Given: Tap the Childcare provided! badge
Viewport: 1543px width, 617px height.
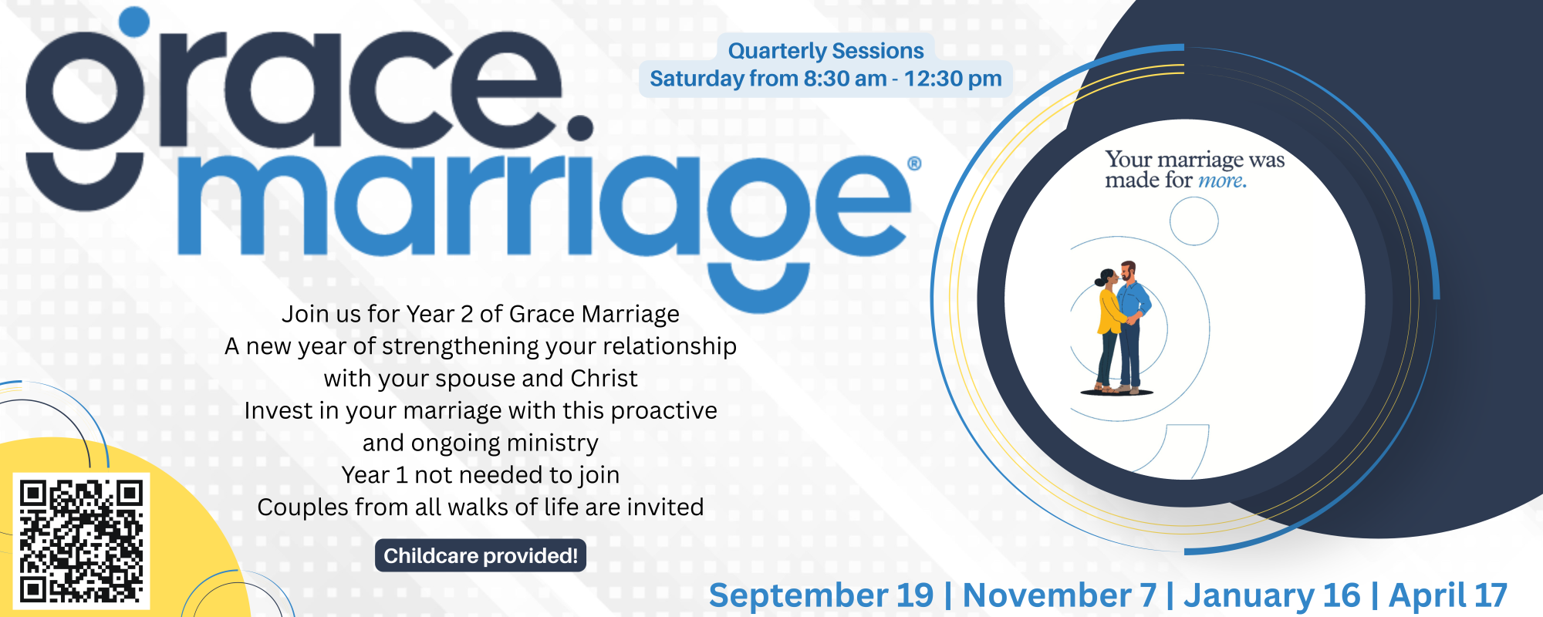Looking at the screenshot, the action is [x=481, y=555].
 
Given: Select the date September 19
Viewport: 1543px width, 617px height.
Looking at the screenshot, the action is [x=821, y=596].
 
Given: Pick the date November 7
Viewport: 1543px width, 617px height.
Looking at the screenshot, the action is [x=1059, y=595].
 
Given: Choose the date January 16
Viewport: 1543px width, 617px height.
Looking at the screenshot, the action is [x=1272, y=595].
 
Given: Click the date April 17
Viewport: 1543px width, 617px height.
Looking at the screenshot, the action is [x=1448, y=596].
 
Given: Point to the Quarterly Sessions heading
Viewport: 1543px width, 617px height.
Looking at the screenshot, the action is [x=826, y=51].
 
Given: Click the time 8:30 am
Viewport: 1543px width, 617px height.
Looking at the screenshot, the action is [x=845, y=79].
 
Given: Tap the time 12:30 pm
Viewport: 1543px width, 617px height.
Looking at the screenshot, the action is [x=953, y=79].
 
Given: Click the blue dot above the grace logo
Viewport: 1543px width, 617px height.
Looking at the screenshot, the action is [x=134, y=22].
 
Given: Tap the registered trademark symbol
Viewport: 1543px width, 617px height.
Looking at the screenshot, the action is [x=914, y=164].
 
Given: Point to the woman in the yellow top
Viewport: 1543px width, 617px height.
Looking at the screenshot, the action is [x=1110, y=330].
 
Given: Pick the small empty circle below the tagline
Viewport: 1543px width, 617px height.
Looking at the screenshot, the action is [x=1194, y=221].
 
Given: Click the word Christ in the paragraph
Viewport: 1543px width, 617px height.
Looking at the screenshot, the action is [x=604, y=379].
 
